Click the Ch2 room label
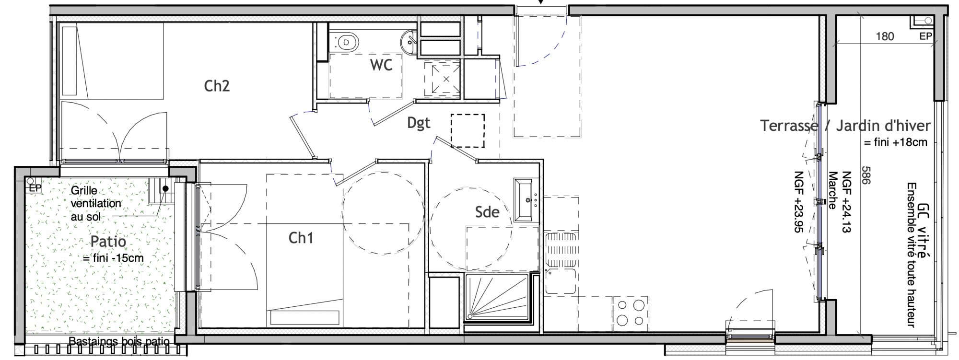(x=217, y=86)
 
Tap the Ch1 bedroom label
(x=301, y=237)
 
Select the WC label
(x=381, y=65)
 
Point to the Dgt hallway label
(x=419, y=123)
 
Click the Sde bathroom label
(x=487, y=212)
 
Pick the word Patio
(x=108, y=241)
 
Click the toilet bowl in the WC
(x=346, y=42)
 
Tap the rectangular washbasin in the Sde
(x=526, y=200)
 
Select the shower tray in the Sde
(x=498, y=297)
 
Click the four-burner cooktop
(x=631, y=312)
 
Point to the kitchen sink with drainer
(x=561, y=264)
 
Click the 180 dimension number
(x=885, y=36)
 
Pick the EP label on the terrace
(x=925, y=36)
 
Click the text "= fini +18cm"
(x=895, y=142)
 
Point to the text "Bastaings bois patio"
(x=119, y=342)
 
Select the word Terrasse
(x=789, y=126)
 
